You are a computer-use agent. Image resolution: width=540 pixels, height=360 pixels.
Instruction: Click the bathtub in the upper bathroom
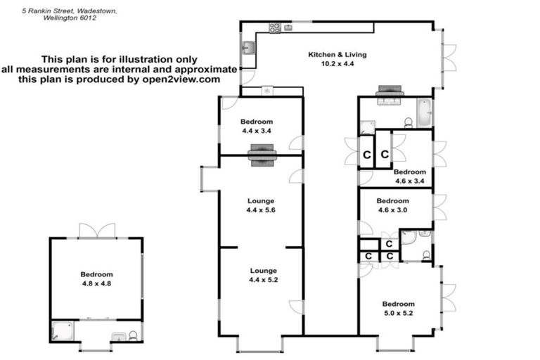(x=423, y=112)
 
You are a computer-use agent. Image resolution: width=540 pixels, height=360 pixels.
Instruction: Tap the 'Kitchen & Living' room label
(x=337, y=55)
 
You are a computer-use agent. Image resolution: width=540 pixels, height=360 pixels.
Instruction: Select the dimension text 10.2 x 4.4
(x=337, y=64)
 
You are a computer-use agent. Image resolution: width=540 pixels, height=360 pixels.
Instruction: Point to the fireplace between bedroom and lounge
(x=261, y=154)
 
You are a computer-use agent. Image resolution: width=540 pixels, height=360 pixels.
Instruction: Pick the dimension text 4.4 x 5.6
(x=261, y=210)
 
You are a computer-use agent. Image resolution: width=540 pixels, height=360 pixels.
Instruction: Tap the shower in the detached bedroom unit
(x=60, y=330)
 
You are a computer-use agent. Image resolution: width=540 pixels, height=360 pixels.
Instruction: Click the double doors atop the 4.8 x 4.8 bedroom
(x=96, y=231)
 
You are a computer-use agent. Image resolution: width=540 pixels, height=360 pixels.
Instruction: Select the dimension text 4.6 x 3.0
(x=393, y=210)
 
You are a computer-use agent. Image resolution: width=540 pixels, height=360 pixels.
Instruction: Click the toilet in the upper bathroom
(x=408, y=123)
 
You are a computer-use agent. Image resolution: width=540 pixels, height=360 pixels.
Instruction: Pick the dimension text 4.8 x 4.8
(x=96, y=284)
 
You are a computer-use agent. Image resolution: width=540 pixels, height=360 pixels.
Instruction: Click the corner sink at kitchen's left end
(x=248, y=49)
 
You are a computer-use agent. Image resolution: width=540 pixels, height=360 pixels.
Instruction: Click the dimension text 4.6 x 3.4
(x=409, y=181)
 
